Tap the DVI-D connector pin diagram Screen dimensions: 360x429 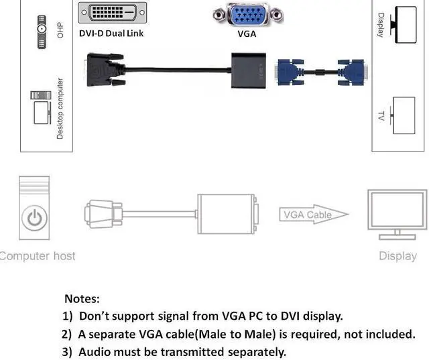click(x=112, y=13)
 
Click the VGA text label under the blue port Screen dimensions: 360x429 click(x=247, y=34)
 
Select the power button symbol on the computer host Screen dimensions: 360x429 click(x=35, y=218)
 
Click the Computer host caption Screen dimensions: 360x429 click(x=38, y=256)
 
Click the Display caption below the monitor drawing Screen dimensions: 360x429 click(x=397, y=256)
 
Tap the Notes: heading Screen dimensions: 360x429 click(x=82, y=298)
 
